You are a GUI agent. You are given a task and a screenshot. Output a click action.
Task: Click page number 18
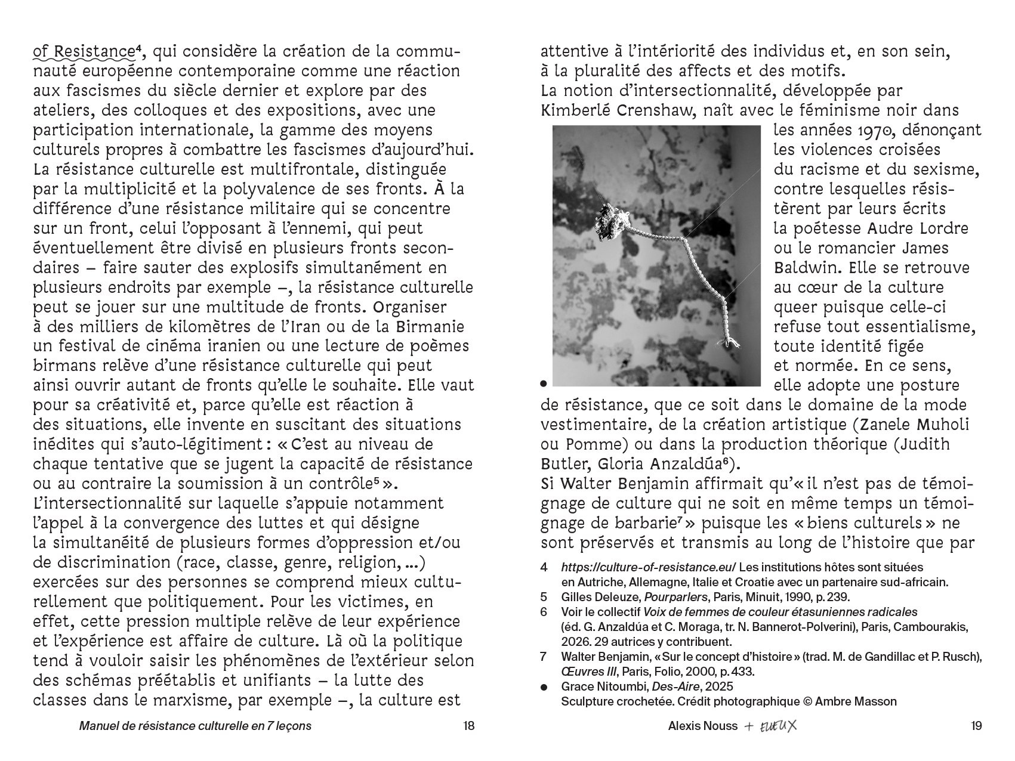(468, 726)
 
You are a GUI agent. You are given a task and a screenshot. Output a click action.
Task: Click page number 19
(976, 726)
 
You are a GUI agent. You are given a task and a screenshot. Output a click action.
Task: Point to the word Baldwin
(804, 268)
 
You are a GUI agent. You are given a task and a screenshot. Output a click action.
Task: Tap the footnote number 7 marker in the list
(544, 657)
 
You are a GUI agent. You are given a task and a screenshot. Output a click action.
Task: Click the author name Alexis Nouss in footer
(702, 726)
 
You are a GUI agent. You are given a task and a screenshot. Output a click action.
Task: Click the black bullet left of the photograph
(544, 384)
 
